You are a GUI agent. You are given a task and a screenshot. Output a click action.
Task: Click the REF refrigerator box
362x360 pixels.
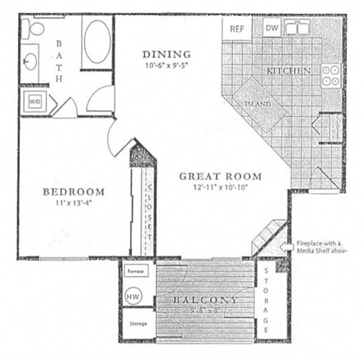point(238,29)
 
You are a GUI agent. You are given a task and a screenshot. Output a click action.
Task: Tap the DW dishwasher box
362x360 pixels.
point(272,29)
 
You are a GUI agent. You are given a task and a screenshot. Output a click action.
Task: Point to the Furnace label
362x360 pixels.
point(135,269)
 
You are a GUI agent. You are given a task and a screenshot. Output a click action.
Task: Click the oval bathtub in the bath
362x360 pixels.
point(97,42)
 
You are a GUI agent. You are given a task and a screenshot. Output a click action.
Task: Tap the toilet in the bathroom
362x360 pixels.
point(32,29)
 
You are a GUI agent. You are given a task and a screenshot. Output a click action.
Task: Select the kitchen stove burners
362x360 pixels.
point(330,74)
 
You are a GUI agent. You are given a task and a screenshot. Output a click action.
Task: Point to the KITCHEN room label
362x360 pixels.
point(288,71)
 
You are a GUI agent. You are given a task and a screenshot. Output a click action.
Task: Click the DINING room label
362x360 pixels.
point(166,54)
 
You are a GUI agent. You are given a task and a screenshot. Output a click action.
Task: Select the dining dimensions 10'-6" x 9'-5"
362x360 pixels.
point(166,65)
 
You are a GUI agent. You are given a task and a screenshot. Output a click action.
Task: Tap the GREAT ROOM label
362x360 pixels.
point(220,177)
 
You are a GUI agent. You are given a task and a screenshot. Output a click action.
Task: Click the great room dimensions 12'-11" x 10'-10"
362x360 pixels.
point(220,188)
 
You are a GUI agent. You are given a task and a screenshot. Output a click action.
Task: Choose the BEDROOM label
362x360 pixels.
point(73,192)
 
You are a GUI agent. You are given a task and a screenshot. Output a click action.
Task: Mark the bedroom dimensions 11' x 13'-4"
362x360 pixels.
point(73,203)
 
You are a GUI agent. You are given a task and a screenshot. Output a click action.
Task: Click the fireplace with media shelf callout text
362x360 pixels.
point(321,248)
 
